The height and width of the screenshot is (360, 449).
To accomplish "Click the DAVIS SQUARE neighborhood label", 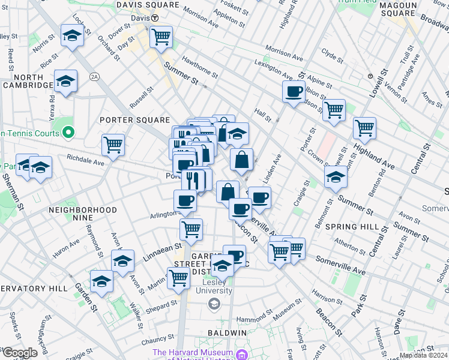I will point(148,5).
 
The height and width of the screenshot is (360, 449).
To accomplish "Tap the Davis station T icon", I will point(154,19).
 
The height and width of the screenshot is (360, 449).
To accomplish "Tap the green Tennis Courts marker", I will point(68,133).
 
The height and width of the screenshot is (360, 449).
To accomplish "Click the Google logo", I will point(19,353).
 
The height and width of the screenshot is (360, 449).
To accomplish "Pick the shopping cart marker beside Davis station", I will point(161,37).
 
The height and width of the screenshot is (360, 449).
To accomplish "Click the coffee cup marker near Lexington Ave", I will point(294,91).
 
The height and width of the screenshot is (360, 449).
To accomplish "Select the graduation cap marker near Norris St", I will point(72,35).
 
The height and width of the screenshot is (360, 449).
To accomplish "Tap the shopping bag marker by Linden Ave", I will point(241,160).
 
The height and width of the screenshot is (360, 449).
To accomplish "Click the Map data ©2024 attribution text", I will point(423,355).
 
